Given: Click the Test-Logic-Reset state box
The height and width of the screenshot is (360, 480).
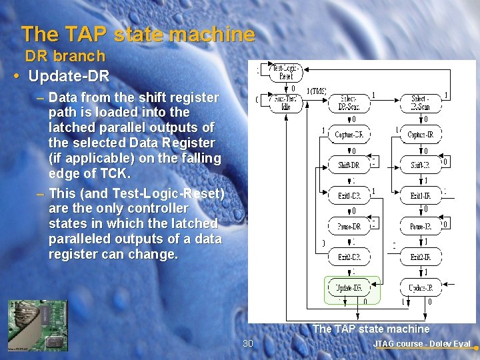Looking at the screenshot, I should [285, 72].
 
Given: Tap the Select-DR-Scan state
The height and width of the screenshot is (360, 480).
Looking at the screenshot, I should [349, 102].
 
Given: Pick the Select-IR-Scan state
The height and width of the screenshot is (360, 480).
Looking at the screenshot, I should [421, 102].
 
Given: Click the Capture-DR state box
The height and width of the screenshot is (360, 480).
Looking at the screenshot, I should [349, 135].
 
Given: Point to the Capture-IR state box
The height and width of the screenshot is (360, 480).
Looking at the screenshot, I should [421, 135].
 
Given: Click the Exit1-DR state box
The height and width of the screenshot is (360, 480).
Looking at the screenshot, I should [349, 196].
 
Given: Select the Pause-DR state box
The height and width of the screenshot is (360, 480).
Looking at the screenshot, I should [349, 227].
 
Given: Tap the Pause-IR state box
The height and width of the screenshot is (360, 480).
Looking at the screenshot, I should [421, 227].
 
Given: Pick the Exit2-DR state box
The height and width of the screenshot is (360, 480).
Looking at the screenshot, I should [349, 257].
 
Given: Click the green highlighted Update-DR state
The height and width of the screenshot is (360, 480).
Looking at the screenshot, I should [349, 288].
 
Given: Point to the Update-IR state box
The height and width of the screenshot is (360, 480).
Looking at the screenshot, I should [421, 288].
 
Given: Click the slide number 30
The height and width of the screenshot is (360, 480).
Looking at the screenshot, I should [248, 343].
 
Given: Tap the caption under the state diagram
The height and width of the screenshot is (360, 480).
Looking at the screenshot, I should [371, 329].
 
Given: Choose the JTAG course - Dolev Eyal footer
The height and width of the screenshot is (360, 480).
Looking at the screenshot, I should [421, 344].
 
